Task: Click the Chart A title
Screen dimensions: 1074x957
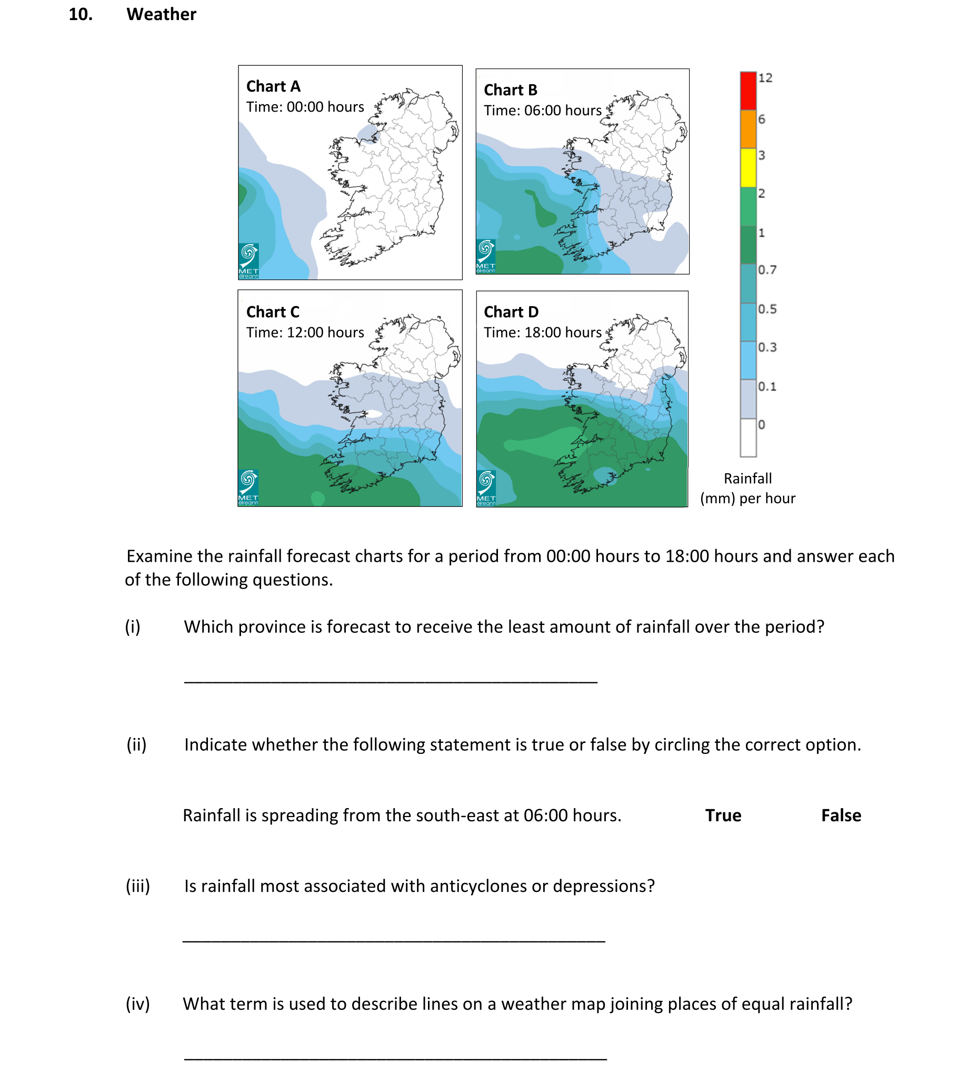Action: click(273, 86)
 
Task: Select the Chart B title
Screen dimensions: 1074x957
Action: click(511, 90)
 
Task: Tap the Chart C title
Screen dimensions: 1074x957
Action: click(273, 312)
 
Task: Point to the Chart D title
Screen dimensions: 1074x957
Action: click(511, 312)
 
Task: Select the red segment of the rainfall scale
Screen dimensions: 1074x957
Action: click(748, 91)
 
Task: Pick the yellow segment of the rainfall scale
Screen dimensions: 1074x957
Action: click(748, 167)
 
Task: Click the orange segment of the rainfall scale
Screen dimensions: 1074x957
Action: click(748, 129)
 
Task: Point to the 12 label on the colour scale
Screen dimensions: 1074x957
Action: click(765, 78)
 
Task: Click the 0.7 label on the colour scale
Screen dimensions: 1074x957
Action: click(767, 270)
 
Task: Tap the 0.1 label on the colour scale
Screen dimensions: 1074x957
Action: click(767, 386)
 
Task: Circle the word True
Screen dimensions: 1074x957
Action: click(723, 816)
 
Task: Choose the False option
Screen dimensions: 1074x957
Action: click(841, 816)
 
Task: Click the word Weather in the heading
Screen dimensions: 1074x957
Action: click(161, 14)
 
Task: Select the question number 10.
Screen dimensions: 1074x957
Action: click(81, 14)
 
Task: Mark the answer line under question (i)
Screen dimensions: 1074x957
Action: click(391, 681)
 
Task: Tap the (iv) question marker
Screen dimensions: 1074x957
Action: click(138, 1004)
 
